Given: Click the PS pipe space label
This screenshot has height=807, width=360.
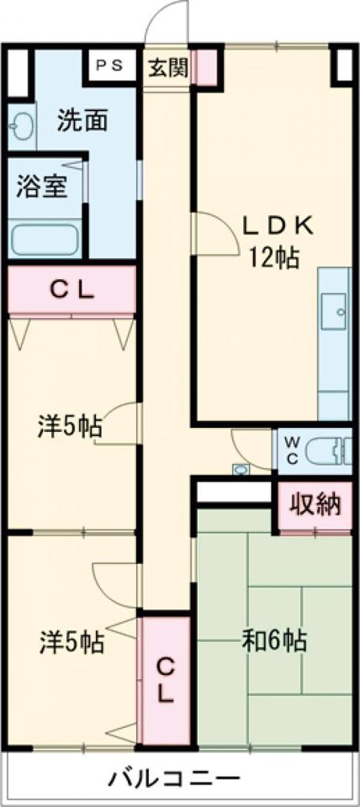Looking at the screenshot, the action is pyautogui.click(x=109, y=66).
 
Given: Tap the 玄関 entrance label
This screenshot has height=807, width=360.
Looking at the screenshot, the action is pyautogui.click(x=168, y=66).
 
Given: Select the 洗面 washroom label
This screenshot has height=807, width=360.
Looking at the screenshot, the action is pyautogui.click(x=82, y=120).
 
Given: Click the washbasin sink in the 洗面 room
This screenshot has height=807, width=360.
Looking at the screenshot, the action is pyautogui.click(x=20, y=127).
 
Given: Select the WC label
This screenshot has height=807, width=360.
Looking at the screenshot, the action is pyautogui.click(x=292, y=451).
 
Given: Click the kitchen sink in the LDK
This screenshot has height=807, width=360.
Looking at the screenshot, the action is pyautogui.click(x=334, y=312).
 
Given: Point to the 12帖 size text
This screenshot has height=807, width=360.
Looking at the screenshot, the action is pyautogui.click(x=275, y=258).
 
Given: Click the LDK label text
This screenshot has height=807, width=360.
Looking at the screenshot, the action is pyautogui.click(x=278, y=227).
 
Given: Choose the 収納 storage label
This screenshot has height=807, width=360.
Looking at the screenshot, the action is pyautogui.click(x=315, y=505).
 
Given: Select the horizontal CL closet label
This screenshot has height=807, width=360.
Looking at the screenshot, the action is pyautogui.click(x=71, y=291).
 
